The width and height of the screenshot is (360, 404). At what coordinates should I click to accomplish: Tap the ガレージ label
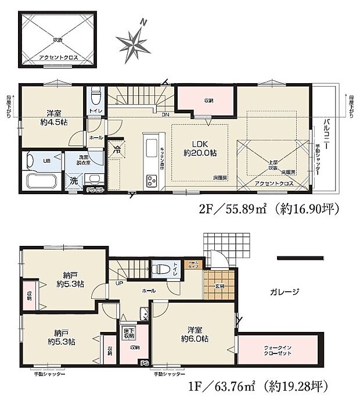pos(284,292)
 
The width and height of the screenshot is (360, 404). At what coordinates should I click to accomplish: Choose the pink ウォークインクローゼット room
pos(280,351)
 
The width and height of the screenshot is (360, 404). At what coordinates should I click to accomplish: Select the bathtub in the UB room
pos(39,176)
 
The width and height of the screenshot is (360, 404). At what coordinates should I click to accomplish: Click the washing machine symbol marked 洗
pos(74,181)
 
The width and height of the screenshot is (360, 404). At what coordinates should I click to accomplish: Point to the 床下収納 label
pos(128,333)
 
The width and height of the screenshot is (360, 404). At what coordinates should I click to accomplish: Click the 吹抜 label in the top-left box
pos(59,40)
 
